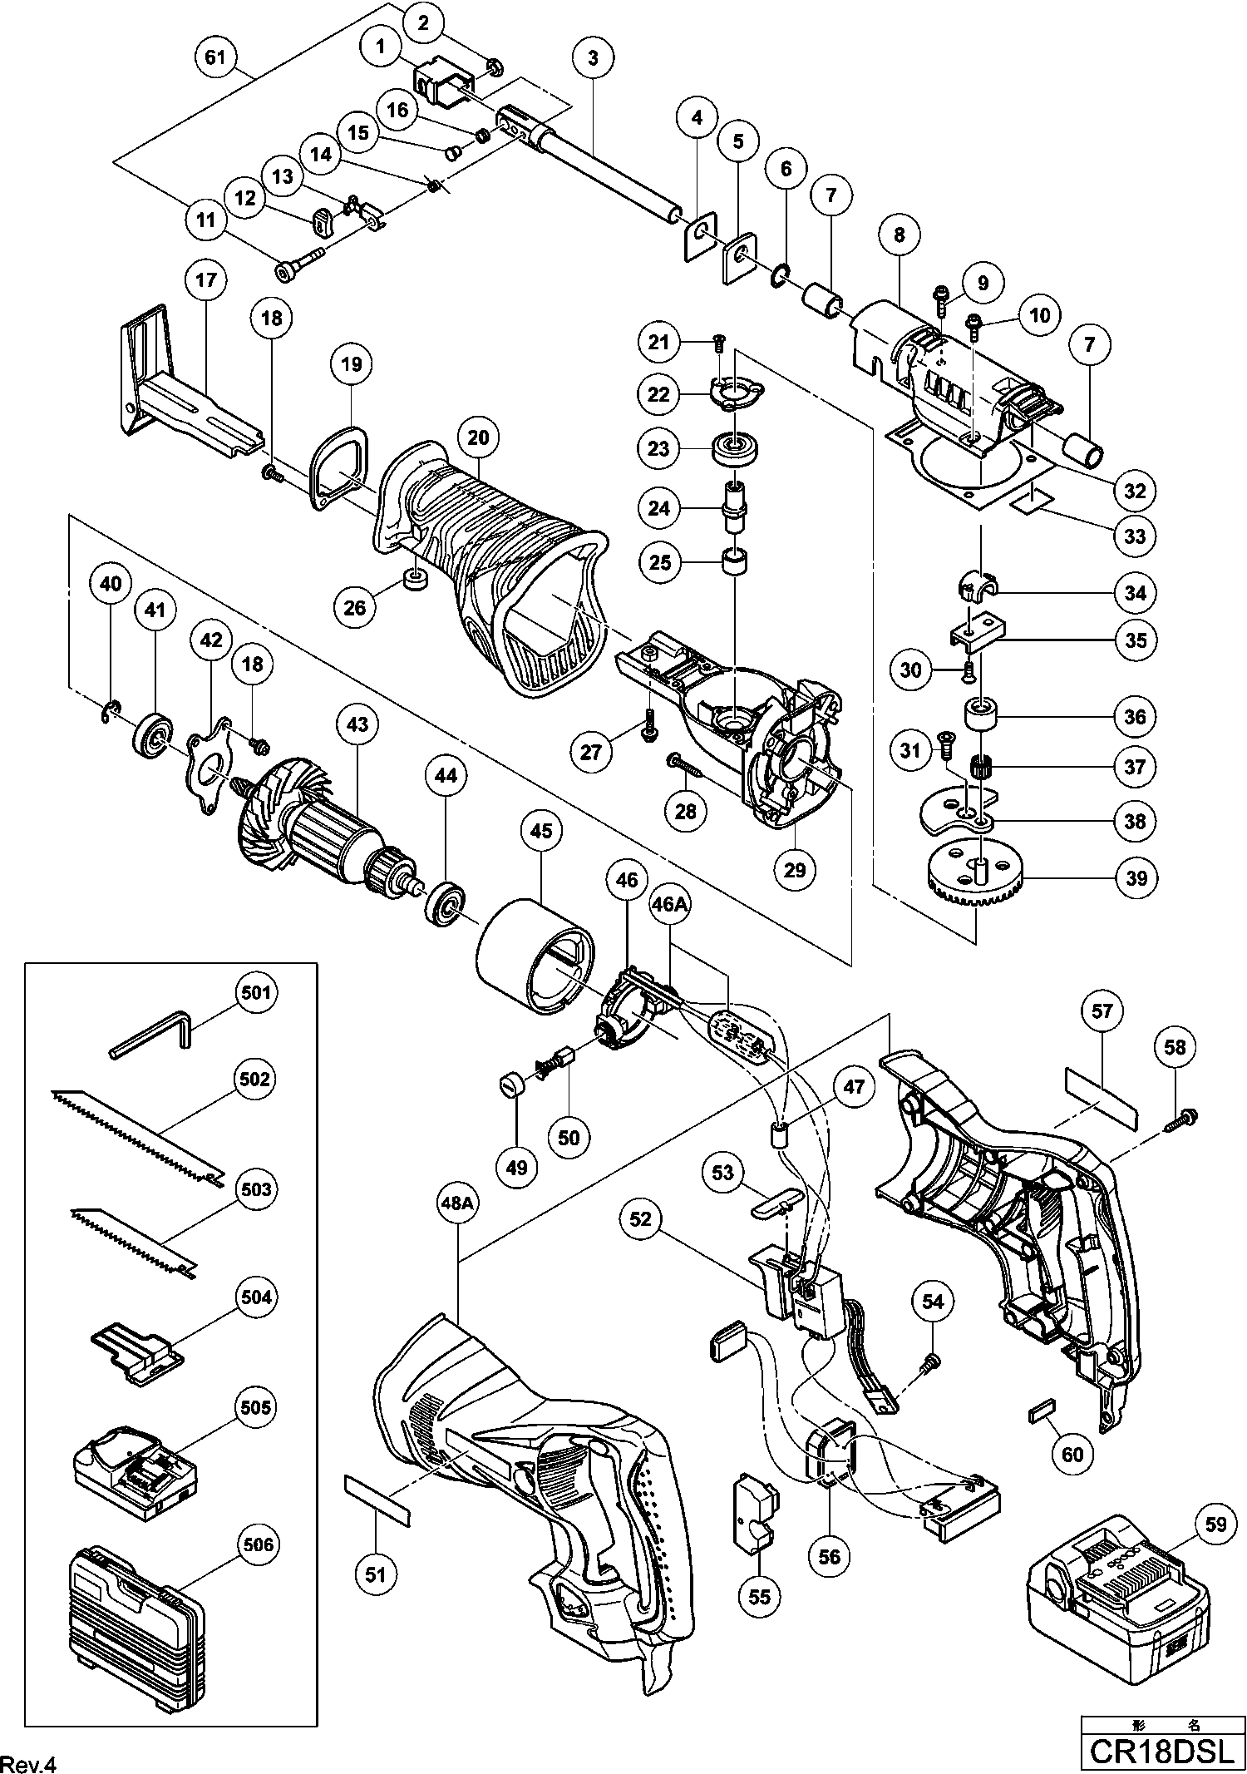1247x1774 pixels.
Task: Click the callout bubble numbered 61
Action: pyautogui.click(x=214, y=57)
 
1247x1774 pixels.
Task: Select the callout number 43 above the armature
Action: pyautogui.click(x=357, y=724)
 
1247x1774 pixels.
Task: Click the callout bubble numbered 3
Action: pyautogui.click(x=593, y=57)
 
